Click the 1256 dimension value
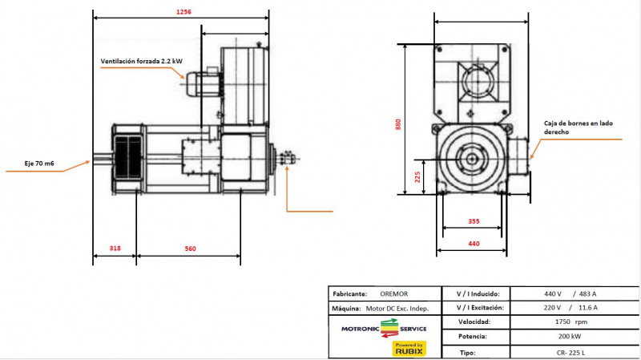pyautogui.click(x=183, y=11)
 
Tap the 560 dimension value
pyautogui.click(x=190, y=249)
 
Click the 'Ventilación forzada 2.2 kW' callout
pyautogui.click(x=141, y=62)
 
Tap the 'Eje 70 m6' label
pyautogui.click(x=39, y=164)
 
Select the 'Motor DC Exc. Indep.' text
pyautogui.click(x=397, y=308)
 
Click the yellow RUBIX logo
pyautogui.click(x=409, y=348)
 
